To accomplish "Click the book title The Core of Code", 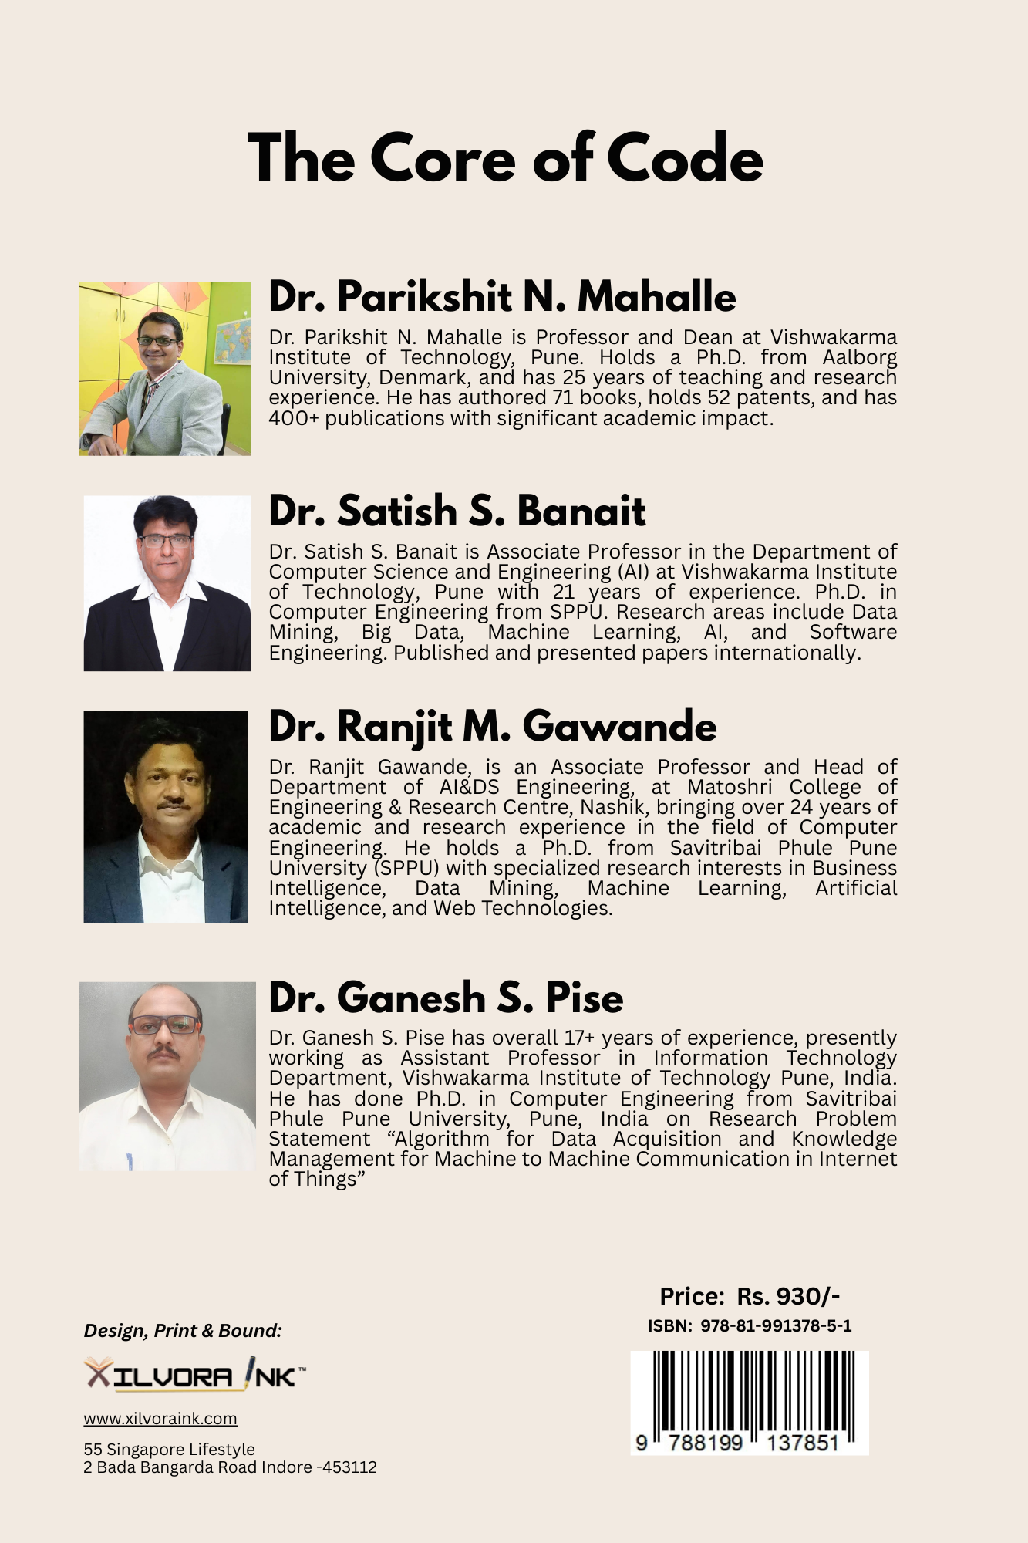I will tap(505, 158).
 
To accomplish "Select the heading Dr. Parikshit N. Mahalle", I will tap(502, 296).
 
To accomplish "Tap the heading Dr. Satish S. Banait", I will tap(457, 511).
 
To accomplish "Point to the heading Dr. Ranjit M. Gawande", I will tap(492, 726).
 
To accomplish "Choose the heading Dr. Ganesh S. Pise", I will tap(446, 997).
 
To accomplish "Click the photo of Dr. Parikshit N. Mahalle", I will tap(165, 369).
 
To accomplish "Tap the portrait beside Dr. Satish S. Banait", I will tap(167, 583).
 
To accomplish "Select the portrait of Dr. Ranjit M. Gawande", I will tap(166, 816).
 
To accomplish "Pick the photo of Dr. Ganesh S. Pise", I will tap(167, 1076).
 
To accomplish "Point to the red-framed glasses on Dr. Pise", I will tap(164, 1025).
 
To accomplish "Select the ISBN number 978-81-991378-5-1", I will tap(776, 1326).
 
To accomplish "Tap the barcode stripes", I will tap(749, 1392).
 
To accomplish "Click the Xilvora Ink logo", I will tap(194, 1375).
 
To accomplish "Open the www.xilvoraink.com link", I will tap(160, 1419).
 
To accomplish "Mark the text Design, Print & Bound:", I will tap(183, 1331).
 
